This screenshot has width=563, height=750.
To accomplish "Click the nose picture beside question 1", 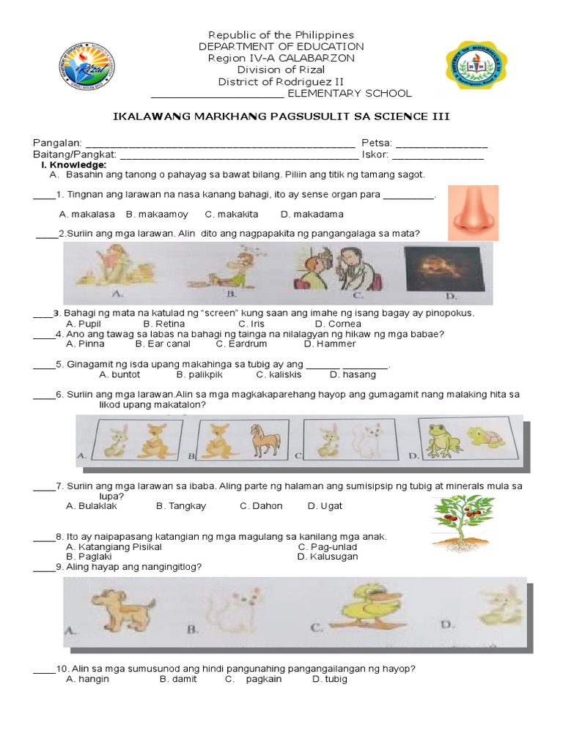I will [x=473, y=212].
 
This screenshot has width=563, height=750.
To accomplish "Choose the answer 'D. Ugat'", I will [x=325, y=506].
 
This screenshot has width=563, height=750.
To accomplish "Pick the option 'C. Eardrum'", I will [x=241, y=344].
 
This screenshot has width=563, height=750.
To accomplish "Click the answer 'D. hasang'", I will [x=353, y=375].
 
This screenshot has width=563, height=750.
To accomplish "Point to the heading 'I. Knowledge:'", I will [x=70, y=166].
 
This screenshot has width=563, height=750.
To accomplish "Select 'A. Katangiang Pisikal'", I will [x=114, y=547].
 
